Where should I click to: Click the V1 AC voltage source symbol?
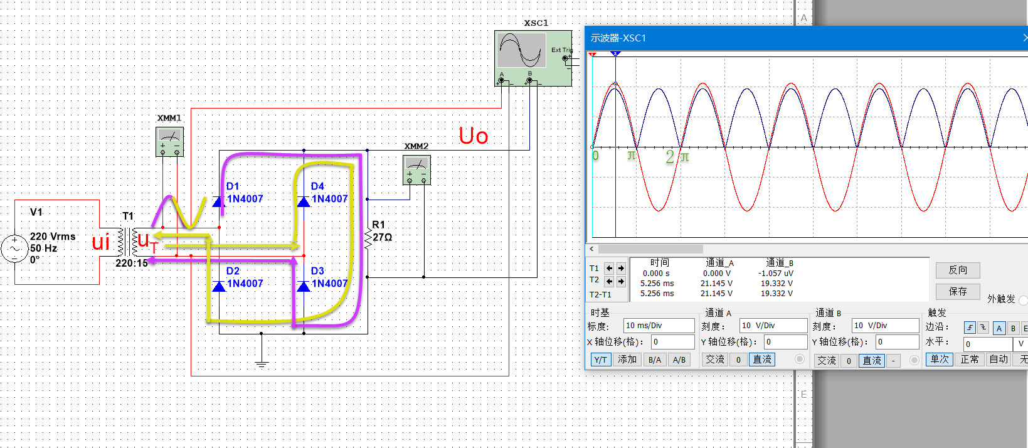tap(14, 248)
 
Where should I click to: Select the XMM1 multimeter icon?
tap(170, 142)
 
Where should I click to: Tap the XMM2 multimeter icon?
tap(416, 170)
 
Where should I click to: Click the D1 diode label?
tap(233, 186)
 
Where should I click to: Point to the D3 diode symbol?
tap(304, 286)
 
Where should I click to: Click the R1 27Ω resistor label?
tap(382, 231)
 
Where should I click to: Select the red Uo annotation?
tap(473, 136)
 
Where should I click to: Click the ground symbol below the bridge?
tap(262, 364)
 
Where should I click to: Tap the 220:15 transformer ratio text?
tap(132, 263)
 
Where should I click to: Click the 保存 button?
tap(958, 292)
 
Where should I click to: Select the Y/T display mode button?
tap(600, 360)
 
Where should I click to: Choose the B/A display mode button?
tap(655, 360)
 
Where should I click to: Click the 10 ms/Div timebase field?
tap(659, 326)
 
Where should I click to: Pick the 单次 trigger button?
tap(939, 360)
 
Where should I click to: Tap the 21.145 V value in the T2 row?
tap(716, 283)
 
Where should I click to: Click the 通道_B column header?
tap(779, 263)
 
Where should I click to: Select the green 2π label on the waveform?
tap(677, 157)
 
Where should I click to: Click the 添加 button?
tap(627, 360)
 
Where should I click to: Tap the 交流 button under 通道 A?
tap(714, 360)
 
